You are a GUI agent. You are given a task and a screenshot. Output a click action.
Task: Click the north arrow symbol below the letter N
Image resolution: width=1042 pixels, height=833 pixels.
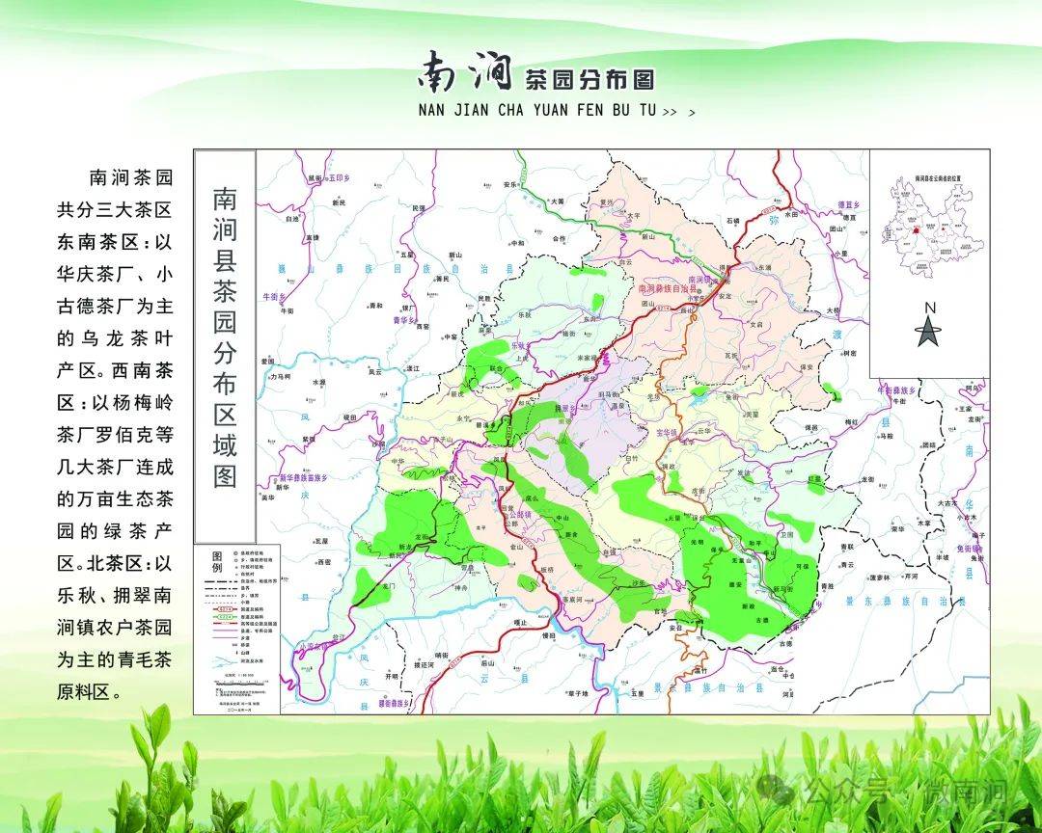pyautogui.click(x=928, y=332)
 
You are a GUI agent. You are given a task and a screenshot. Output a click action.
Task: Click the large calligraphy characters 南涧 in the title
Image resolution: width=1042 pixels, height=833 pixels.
pyautogui.click(x=465, y=71)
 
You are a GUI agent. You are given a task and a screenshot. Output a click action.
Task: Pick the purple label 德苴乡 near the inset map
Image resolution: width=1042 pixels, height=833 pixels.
pyautogui.click(x=848, y=204)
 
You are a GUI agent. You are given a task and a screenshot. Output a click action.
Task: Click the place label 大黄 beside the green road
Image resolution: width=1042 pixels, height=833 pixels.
pyautogui.click(x=556, y=201)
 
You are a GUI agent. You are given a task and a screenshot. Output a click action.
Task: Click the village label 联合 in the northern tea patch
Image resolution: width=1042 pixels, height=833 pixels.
pyautogui.click(x=497, y=367)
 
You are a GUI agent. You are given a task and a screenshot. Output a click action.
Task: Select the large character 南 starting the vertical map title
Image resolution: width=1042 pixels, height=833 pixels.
pyautogui.click(x=225, y=200)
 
